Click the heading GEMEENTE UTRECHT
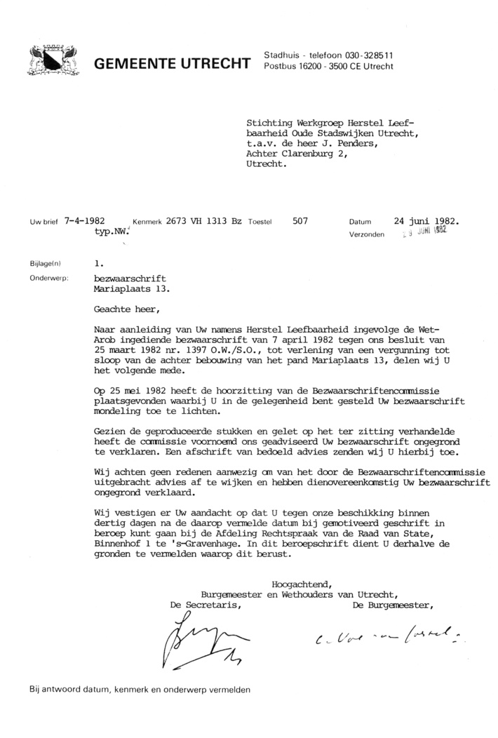173,66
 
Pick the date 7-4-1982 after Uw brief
88,220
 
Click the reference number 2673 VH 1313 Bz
204,220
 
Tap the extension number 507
300,220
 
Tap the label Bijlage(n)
46,264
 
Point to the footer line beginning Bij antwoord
140,690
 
